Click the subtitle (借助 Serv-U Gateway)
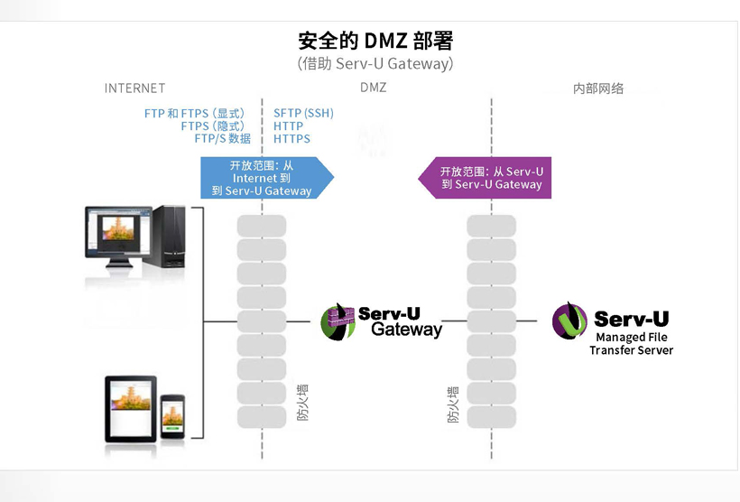point(375,64)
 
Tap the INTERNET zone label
point(135,88)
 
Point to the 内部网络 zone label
point(598,88)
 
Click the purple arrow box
point(488,178)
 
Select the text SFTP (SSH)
point(303,114)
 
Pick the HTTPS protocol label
point(291,139)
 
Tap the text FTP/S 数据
point(222,139)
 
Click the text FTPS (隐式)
point(212,126)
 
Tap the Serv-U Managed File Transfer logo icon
point(569,321)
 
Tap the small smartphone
point(173,418)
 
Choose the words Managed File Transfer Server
point(631,344)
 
